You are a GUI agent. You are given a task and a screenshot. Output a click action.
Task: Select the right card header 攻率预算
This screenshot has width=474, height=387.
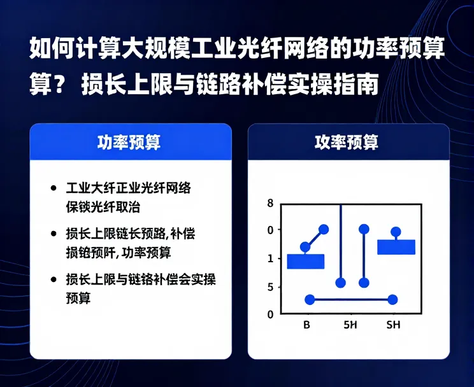coord(347,142)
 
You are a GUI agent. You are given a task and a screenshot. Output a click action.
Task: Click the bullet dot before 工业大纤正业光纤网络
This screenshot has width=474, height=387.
coord(53,189)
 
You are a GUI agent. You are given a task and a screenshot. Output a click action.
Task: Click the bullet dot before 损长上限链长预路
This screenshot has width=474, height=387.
coord(53,234)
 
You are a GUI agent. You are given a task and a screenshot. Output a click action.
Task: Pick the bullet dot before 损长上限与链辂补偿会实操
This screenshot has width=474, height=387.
coord(53,279)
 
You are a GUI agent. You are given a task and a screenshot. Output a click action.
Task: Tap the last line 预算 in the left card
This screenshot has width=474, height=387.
coord(78,298)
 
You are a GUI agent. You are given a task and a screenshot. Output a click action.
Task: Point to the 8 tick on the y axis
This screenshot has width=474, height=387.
coord(271,204)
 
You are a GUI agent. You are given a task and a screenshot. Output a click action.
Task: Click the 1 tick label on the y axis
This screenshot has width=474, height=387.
coord(271,258)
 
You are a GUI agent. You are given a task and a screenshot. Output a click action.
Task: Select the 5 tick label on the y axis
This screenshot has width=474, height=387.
coord(271,287)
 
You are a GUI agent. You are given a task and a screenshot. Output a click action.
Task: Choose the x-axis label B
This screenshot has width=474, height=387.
coord(306,326)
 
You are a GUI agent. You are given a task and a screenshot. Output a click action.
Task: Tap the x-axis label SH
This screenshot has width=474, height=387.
coord(394,326)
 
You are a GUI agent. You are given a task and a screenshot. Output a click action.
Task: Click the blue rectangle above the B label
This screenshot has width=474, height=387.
coord(306,261)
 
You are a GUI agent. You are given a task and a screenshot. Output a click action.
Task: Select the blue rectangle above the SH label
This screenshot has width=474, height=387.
coord(396,247)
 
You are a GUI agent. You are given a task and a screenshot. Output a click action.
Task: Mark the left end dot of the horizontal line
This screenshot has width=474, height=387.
coord(310,299)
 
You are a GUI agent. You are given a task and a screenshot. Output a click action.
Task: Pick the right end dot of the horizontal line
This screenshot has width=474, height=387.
coord(392,299)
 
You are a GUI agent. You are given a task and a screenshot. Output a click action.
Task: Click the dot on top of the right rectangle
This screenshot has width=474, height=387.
coord(396,232)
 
